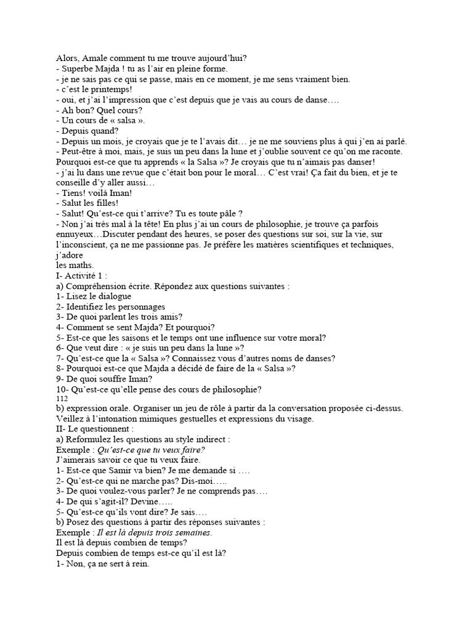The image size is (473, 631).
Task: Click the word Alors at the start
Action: [67, 59]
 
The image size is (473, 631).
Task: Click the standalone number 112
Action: [62, 399]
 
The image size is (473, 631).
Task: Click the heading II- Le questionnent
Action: [94, 429]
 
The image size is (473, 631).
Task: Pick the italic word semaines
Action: [192, 533]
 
